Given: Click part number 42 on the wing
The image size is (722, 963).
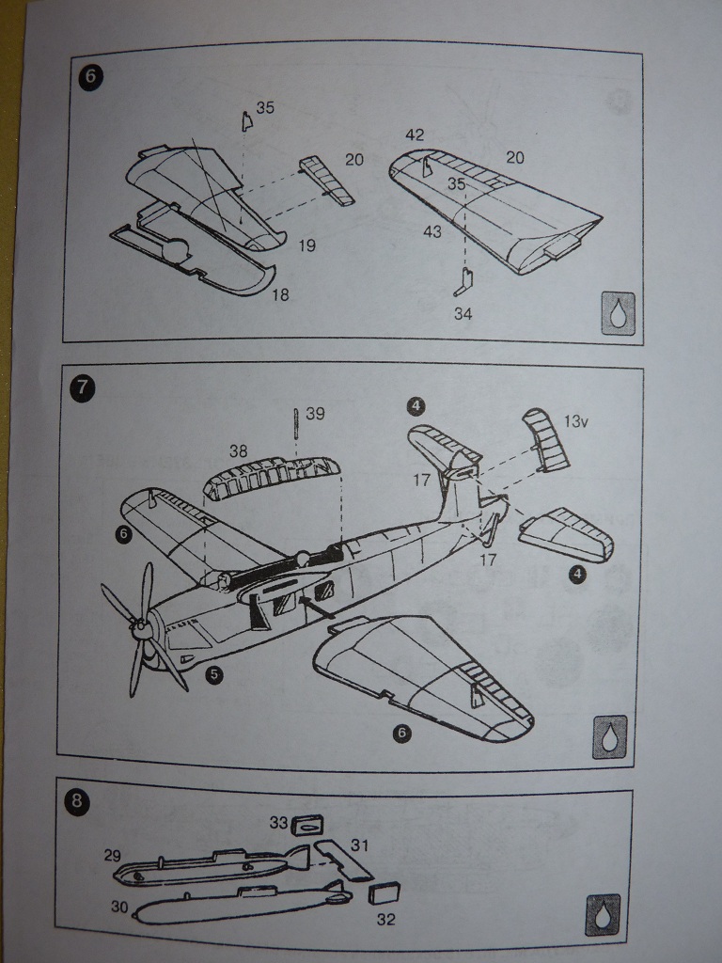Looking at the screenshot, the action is (416, 136).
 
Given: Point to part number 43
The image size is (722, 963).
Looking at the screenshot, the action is (432, 231).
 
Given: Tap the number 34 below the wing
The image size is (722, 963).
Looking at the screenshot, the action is (463, 314).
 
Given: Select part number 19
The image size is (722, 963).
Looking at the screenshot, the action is (306, 246).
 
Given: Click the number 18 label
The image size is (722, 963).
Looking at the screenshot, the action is (279, 295).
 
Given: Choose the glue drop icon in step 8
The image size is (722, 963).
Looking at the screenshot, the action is (602, 915).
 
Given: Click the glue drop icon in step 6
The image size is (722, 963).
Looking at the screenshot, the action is (618, 312).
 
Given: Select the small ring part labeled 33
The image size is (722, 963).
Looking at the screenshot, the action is (308, 825).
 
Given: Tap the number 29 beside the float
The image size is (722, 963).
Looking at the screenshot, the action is (113, 855).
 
